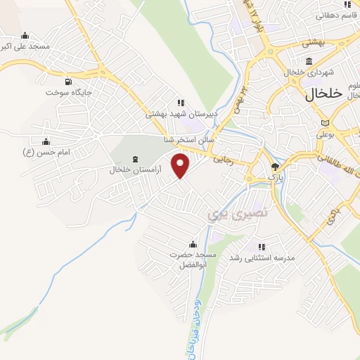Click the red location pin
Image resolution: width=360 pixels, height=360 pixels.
[x=181, y=165]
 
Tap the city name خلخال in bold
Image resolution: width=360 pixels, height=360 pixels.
[x=323, y=93]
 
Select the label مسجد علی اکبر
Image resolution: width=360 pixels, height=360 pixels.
[x=26, y=46]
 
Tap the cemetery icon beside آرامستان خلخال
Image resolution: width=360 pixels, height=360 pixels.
[x=136, y=160]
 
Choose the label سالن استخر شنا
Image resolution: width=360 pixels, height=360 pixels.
[x=189, y=141]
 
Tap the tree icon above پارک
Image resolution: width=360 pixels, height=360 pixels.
[x=275, y=167]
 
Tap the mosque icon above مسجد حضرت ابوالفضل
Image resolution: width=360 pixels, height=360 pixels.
[x=192, y=244]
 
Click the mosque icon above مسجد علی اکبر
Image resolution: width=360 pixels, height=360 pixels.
[x=26, y=36]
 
